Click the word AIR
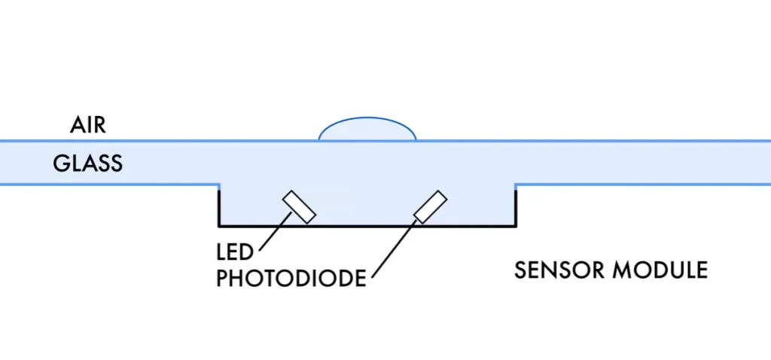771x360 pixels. point(88,125)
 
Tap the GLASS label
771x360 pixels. point(87,163)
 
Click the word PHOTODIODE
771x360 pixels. point(291,278)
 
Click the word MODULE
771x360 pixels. point(662,270)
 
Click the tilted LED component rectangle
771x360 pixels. point(299,207)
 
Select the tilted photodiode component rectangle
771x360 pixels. point(431,207)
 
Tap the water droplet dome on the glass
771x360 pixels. point(367,131)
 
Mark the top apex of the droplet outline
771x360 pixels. point(367,118)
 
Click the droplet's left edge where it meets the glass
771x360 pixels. point(319,140)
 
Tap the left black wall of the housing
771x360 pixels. point(219,206)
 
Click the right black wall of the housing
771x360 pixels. point(515,206)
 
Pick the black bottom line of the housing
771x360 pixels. point(367,226)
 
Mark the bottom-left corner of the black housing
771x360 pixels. point(219,226)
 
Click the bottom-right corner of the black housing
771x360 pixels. point(515,226)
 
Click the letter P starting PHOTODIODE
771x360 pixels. point(223,278)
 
